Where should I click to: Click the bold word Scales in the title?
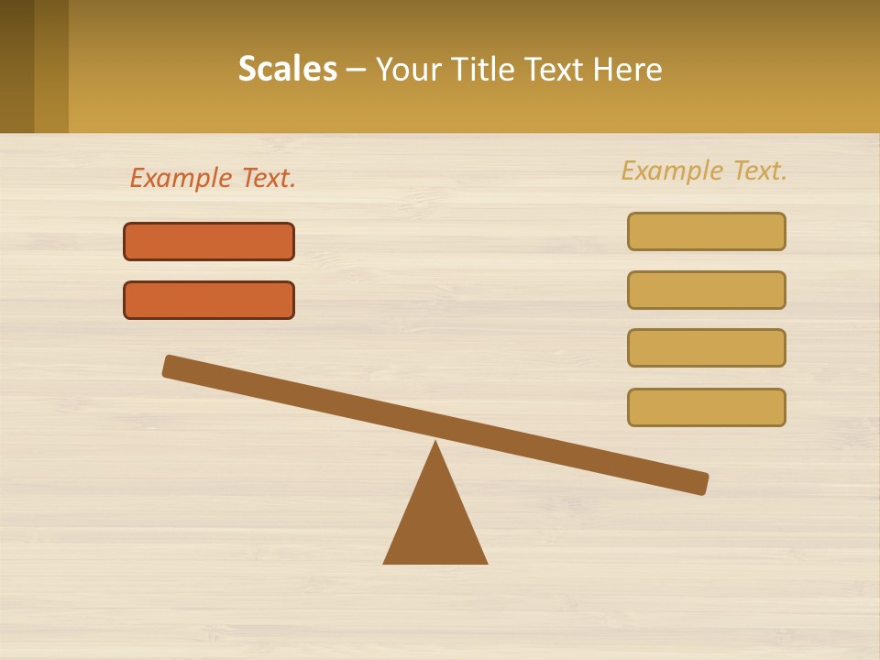click(x=288, y=69)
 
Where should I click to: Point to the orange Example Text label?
click(x=213, y=178)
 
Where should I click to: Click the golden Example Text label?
click(x=704, y=170)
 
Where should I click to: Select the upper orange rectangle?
click(x=209, y=241)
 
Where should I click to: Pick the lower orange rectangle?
click(x=209, y=300)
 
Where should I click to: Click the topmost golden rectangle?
click(x=706, y=231)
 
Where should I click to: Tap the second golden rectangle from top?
click(x=706, y=290)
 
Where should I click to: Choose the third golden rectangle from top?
click(x=706, y=347)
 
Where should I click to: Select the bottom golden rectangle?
click(x=706, y=407)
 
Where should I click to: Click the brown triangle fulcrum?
click(x=435, y=522)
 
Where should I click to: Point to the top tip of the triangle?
click(x=435, y=445)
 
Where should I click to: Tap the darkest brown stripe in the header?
click(x=16, y=66)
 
